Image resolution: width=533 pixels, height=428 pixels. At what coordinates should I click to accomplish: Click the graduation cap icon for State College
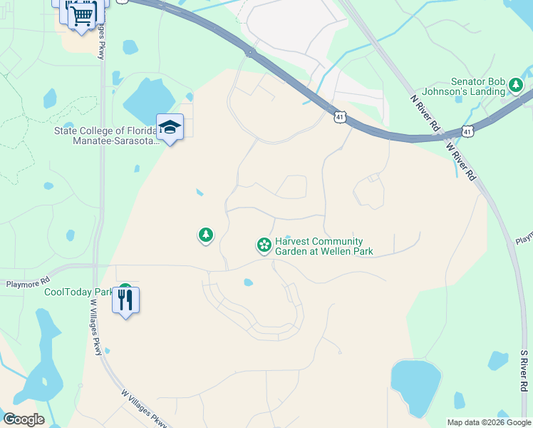[x=170, y=128]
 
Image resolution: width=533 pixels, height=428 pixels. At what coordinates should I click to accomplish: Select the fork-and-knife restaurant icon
[x=126, y=300]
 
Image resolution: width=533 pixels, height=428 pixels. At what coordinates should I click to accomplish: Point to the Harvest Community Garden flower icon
[x=264, y=245]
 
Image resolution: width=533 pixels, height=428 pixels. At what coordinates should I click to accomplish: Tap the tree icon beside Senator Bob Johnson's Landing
[x=515, y=86]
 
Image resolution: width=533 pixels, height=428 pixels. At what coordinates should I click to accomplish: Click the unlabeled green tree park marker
[x=206, y=234]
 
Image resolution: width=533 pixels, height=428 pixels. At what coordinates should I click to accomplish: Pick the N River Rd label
[x=425, y=113]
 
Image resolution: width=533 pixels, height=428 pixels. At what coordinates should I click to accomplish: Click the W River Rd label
[x=460, y=161]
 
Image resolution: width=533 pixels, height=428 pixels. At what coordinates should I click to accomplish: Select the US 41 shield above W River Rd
[x=467, y=130]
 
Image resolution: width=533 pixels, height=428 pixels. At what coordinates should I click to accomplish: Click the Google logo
[x=23, y=419]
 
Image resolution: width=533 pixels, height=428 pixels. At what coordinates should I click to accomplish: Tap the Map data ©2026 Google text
[x=488, y=422]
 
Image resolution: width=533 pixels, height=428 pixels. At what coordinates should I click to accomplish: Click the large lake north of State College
[x=148, y=99]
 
